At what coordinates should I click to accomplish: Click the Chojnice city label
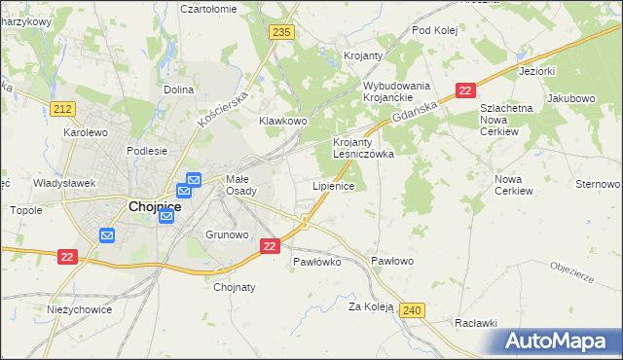point(155,206)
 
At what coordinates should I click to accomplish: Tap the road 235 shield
point(282,32)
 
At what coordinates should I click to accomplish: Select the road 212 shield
point(64,108)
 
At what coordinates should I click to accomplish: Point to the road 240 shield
point(412,310)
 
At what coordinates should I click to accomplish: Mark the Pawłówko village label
point(316,262)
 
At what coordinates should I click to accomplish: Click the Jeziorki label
point(536,71)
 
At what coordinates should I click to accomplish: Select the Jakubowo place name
point(570,98)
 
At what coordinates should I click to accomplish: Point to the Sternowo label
point(598,184)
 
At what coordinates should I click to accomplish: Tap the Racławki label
point(476,323)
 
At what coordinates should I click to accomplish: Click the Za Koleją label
point(371,306)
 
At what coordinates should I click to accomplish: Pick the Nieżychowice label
point(80,309)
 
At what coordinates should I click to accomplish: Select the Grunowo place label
point(228,234)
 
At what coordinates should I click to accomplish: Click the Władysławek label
point(63,182)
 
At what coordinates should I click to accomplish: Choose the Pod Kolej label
point(435,30)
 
